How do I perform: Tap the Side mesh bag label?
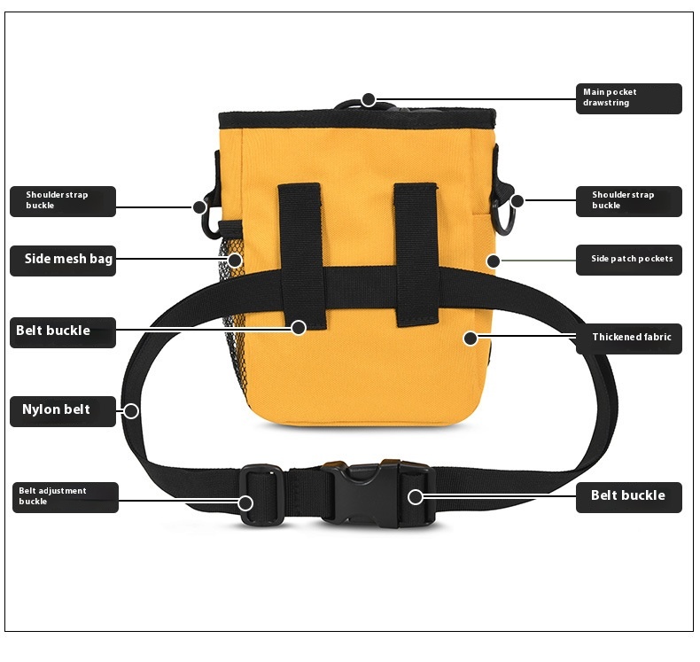pyautogui.click(x=63, y=260)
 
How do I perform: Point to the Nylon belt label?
pyautogui.click(x=63, y=410)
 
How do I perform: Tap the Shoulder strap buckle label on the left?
pyautogui.click(x=63, y=200)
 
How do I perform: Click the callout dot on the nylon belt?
pyautogui.click(x=131, y=410)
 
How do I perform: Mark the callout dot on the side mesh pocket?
pyautogui.click(x=235, y=260)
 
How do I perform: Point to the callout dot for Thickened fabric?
pyautogui.click(x=471, y=338)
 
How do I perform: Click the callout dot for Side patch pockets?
pyautogui.click(x=494, y=261)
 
